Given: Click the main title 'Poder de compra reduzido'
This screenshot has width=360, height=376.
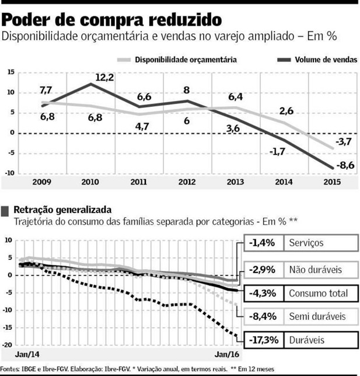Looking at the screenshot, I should pos(111,18).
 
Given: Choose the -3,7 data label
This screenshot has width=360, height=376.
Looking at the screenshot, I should pos(342,142).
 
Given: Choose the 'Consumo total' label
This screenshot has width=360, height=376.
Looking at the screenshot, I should pos(319,293).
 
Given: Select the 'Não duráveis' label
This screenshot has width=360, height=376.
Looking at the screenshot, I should pos(316,269).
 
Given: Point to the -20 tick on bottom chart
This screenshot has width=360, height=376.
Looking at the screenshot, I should pos(9,345).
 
